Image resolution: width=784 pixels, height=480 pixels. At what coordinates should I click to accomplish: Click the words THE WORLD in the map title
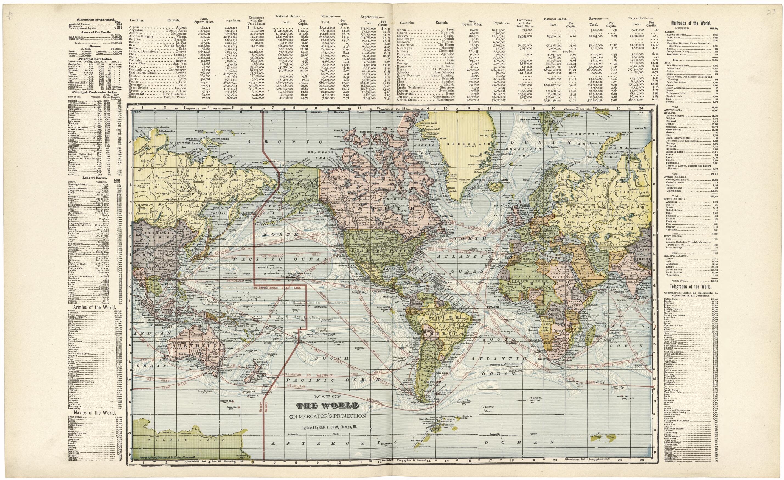pyautogui.click(x=328, y=406)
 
